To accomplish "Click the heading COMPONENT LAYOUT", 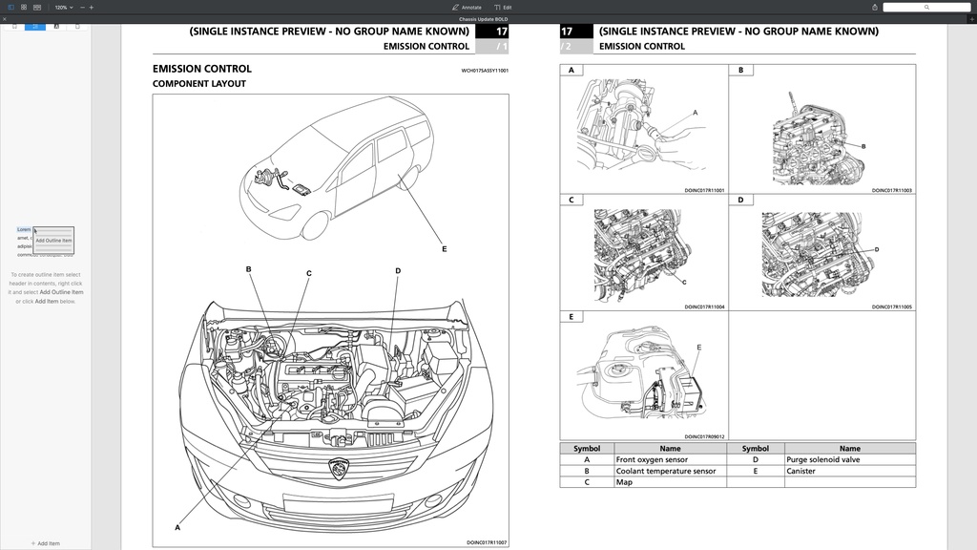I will click(x=199, y=84).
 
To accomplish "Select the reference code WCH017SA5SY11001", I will click(x=485, y=70).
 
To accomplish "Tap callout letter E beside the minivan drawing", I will click(x=444, y=249).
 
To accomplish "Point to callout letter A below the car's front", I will click(x=177, y=527).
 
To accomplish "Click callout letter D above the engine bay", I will click(x=398, y=271).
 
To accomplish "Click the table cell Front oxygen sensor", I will click(x=652, y=459).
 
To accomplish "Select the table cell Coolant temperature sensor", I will click(x=665, y=471).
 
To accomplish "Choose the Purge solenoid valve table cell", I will click(x=822, y=459).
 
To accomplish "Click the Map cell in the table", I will click(x=624, y=482).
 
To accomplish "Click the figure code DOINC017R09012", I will click(x=704, y=436).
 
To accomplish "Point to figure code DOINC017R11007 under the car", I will click(x=487, y=542).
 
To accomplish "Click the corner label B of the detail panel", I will click(x=740, y=70).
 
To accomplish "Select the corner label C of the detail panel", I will click(x=571, y=200).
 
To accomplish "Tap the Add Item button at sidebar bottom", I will click(x=45, y=543).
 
